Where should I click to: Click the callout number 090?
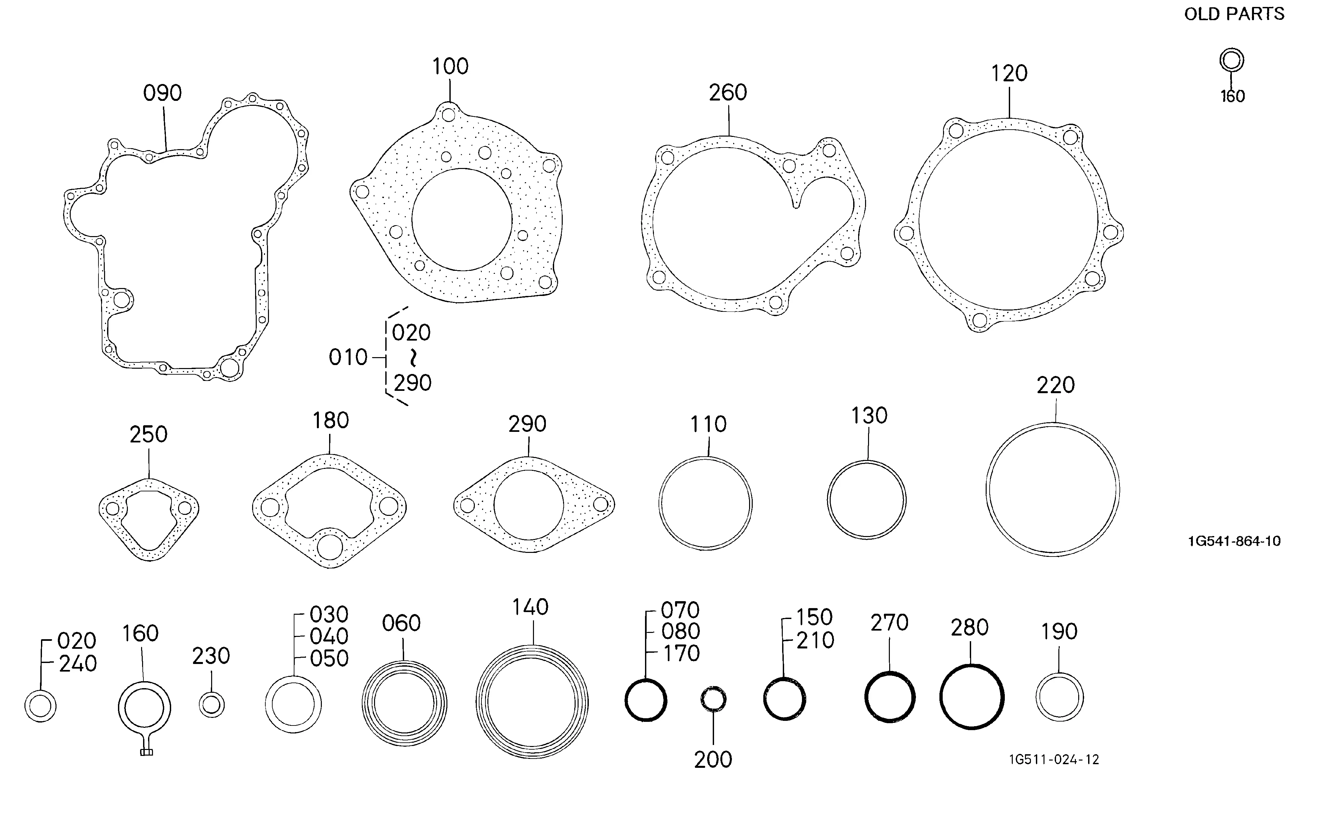pyautogui.click(x=163, y=93)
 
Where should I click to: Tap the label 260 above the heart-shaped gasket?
pyautogui.click(x=728, y=93)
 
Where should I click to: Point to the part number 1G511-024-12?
pyautogui.click(x=1054, y=760)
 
